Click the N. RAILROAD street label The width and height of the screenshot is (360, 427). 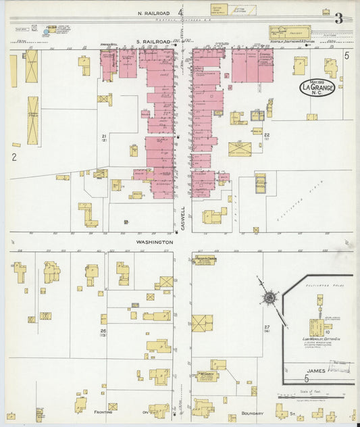tap(153, 13)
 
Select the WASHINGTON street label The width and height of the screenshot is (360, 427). tap(156, 241)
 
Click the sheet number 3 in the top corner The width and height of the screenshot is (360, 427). tap(338, 19)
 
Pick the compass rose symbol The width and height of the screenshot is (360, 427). tap(269, 297)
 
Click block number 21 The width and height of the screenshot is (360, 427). tap(105, 137)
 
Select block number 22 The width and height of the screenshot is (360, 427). tap(267, 136)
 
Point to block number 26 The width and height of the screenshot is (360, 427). tap(104, 331)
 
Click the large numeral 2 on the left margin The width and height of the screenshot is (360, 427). tap(14, 157)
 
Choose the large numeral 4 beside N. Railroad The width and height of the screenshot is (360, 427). tap(180, 13)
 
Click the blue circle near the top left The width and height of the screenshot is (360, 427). tap(47, 32)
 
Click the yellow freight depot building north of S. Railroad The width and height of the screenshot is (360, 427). tap(290, 32)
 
